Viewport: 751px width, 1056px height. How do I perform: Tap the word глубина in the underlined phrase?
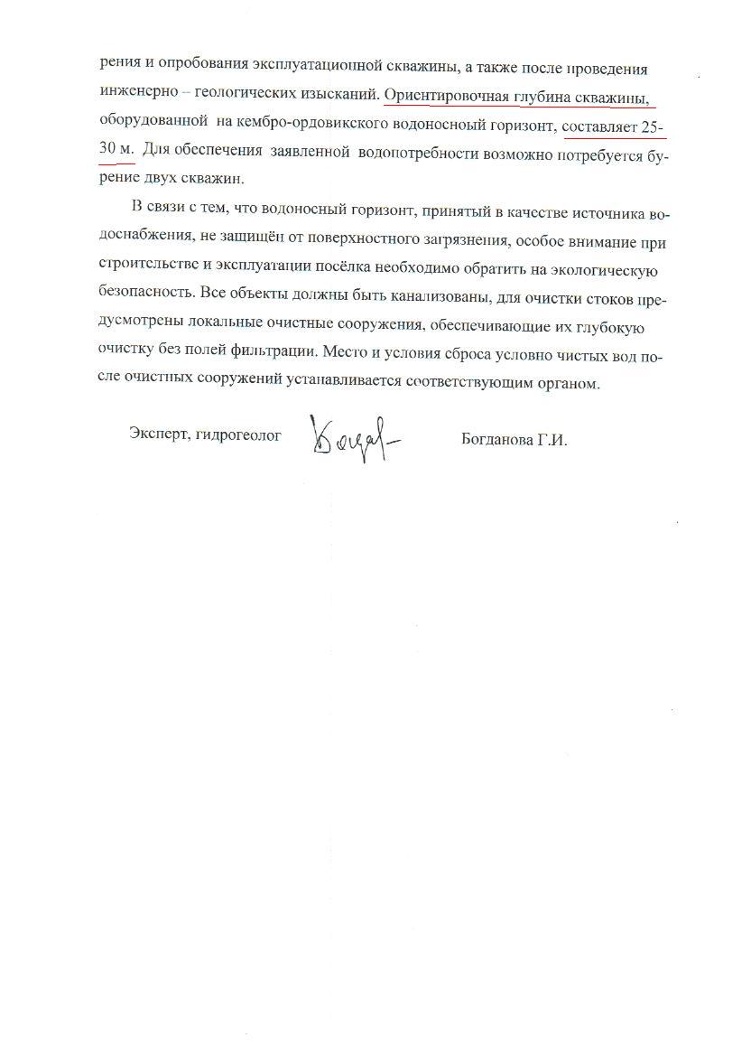tap(538, 94)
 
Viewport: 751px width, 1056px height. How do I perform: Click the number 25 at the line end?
tap(652, 127)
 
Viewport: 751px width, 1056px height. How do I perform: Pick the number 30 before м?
tap(107, 154)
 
